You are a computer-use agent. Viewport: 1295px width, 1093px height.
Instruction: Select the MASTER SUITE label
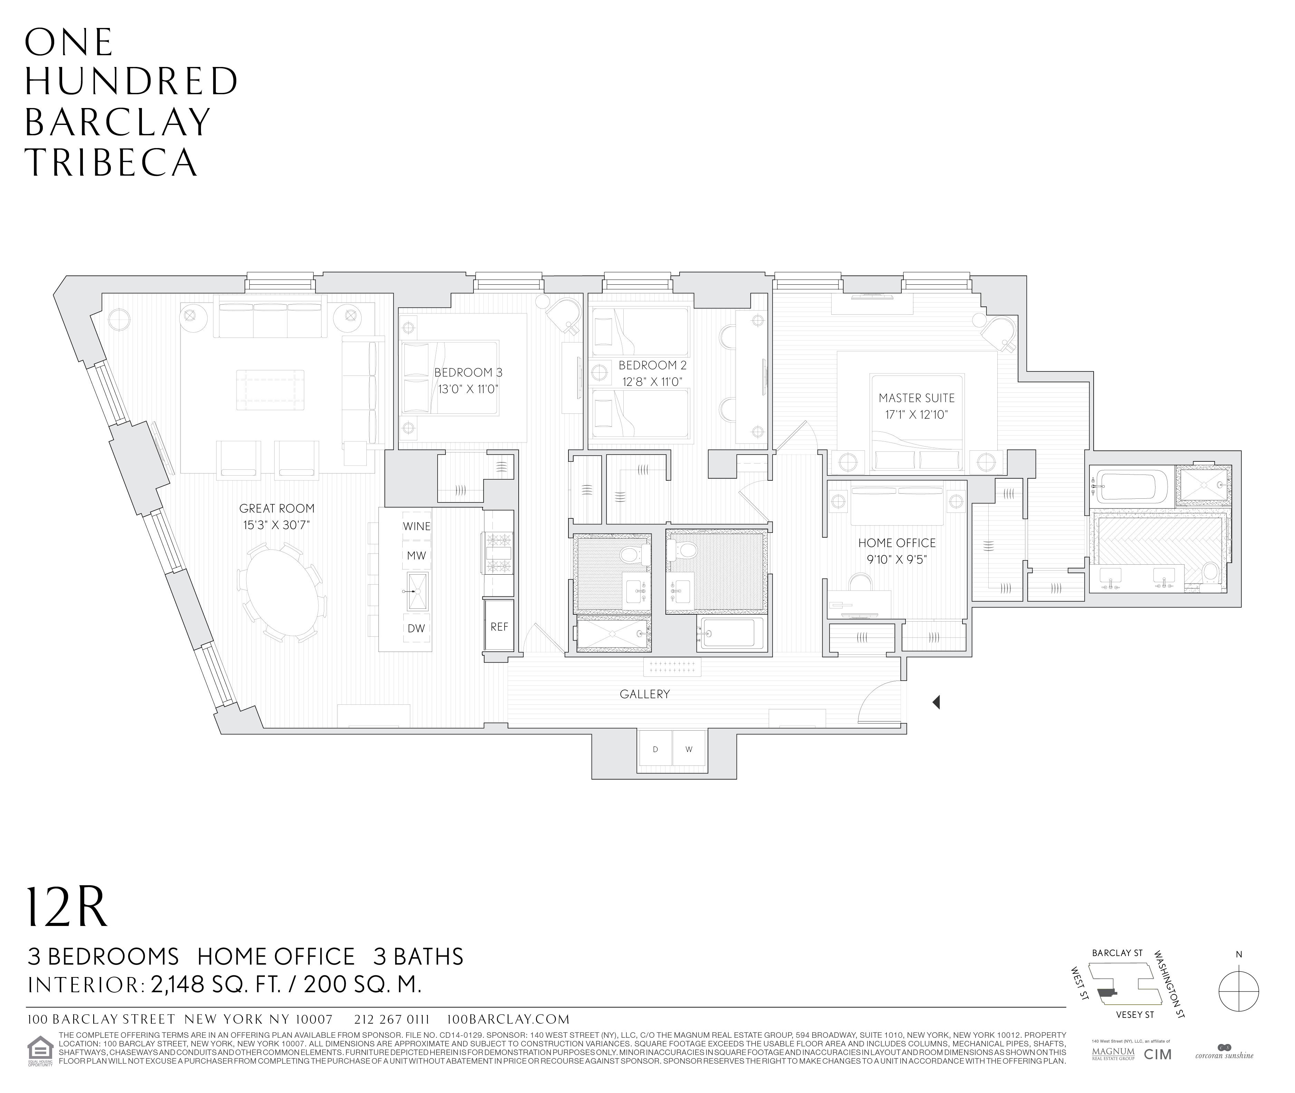click(916, 398)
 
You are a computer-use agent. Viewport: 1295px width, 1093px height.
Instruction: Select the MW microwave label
click(416, 556)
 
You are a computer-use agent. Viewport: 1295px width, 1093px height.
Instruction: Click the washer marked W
click(689, 750)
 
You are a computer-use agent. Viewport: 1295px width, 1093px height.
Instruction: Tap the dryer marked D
click(655, 750)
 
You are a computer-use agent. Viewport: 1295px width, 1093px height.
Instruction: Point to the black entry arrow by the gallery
click(937, 702)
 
